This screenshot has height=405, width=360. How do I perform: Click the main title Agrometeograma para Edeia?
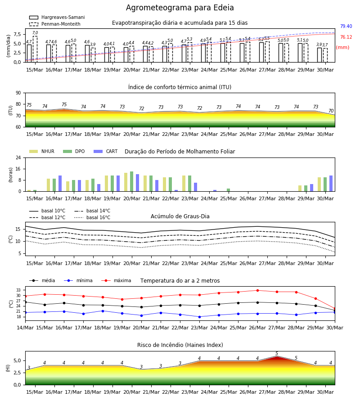[180, 8]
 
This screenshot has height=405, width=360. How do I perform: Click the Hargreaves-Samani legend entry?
[57, 17]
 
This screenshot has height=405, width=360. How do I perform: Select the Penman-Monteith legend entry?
[55, 24]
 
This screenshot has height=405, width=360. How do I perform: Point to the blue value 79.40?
[346, 26]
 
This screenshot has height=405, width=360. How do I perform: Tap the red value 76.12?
[346, 37]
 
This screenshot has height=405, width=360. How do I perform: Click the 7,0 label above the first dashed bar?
[35, 33]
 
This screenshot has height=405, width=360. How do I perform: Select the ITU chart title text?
[180, 87]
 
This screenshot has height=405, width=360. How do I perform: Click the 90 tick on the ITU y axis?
[18, 93]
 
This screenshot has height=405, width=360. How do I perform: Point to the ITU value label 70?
[331, 111]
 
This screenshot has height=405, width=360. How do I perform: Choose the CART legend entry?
[106, 151]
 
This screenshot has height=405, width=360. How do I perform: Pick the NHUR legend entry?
[42, 151]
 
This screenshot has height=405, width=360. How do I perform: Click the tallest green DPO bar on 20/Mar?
[132, 181]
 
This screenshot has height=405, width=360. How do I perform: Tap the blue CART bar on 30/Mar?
[331, 184]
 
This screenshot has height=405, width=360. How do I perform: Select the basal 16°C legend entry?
[92, 217]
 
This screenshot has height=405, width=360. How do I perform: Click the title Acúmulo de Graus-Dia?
[180, 216]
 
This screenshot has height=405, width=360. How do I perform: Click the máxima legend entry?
[116, 280]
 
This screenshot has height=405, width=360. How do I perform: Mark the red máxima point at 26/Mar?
[257, 290]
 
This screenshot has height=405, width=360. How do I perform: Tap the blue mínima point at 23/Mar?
[199, 317]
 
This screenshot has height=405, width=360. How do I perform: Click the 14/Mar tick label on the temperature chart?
[25, 328]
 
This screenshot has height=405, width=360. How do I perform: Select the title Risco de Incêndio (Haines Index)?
[180, 345]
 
